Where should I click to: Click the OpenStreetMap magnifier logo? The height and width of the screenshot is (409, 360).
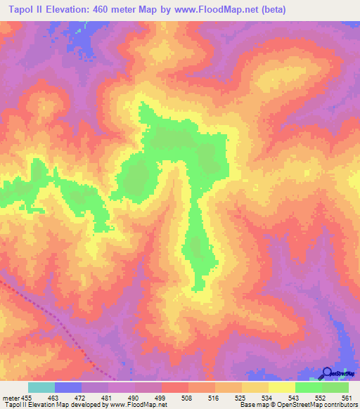[x=328, y=373]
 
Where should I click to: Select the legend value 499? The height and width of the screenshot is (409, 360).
[x=161, y=397]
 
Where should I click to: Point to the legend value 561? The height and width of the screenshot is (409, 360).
[x=347, y=397]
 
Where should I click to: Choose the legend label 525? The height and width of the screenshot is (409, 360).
[x=240, y=397]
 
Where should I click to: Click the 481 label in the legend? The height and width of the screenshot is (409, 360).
[x=108, y=397]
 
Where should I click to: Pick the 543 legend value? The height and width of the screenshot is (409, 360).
[x=294, y=397]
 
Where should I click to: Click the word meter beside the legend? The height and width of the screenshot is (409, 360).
[x=11, y=397]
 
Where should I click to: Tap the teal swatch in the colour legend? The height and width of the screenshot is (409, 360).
[x=41, y=387]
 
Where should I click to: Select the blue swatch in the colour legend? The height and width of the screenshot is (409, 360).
[x=68, y=387]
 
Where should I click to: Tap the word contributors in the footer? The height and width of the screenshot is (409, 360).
[x=340, y=405]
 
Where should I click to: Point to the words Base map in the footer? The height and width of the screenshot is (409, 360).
[x=255, y=405]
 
